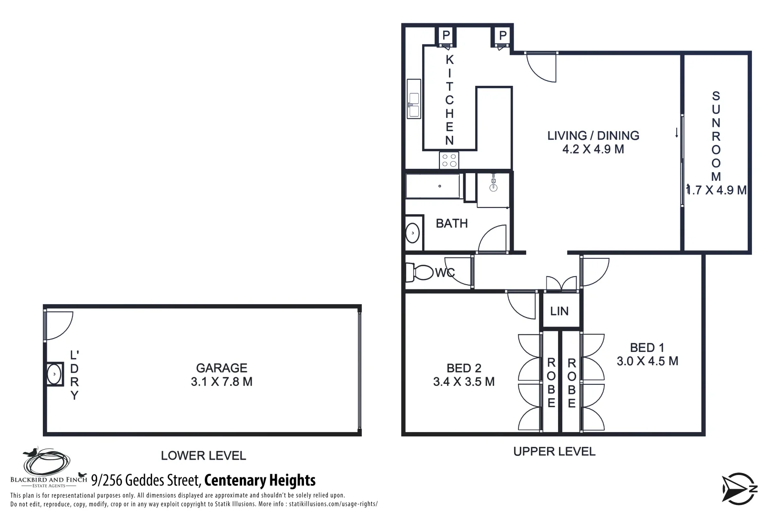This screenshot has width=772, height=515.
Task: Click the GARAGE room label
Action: (x=222, y=368)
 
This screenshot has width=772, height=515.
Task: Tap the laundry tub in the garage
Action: (x=55, y=374)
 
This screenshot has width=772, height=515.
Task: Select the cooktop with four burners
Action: (x=449, y=160)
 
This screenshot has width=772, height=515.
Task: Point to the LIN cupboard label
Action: (x=559, y=311)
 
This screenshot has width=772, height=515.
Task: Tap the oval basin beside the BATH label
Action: (x=412, y=233)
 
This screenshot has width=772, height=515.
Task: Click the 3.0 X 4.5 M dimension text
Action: (x=647, y=361)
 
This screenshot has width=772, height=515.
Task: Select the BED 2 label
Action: (x=464, y=368)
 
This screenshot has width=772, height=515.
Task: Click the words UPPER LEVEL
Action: (x=554, y=452)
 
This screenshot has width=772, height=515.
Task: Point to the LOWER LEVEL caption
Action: (x=203, y=456)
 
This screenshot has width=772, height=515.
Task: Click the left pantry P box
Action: (x=446, y=35)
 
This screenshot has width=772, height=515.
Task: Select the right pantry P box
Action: (x=503, y=35)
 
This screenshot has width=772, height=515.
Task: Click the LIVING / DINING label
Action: (x=593, y=136)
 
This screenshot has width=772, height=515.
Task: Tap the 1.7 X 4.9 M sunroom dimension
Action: (x=716, y=190)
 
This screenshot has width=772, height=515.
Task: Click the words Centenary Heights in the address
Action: (x=260, y=480)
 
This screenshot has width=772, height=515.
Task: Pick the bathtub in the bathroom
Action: (x=433, y=186)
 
